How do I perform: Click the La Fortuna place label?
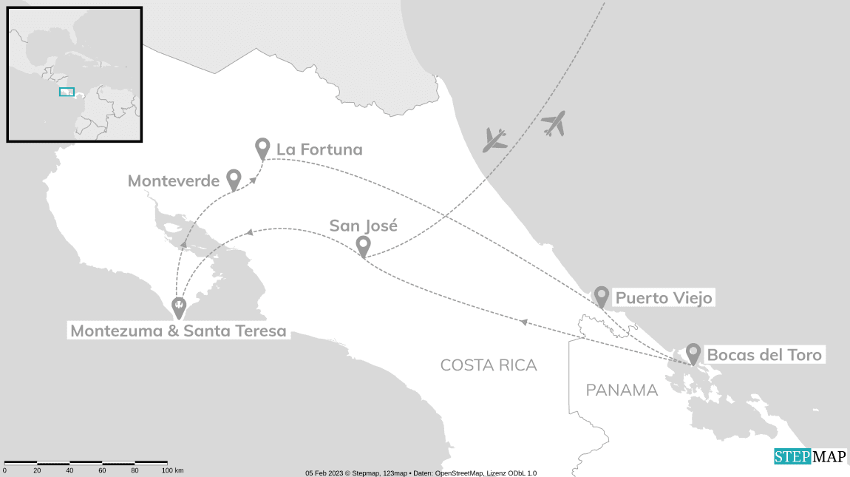point(319,149)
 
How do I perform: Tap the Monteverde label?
point(174,180)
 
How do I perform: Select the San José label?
point(363,226)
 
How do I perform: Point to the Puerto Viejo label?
point(664,298)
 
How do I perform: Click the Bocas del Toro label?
point(764,355)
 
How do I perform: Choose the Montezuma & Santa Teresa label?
point(178,331)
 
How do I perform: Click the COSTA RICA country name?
point(489,365)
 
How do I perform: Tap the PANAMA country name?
point(622,390)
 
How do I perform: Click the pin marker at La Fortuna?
point(262,148)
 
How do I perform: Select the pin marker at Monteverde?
point(234,179)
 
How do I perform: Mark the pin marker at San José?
point(363,246)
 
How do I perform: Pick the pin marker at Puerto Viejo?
point(602,297)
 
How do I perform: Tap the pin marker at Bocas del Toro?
point(693,353)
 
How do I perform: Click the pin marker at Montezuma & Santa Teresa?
point(178,306)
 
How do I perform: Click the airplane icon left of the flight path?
point(494,140)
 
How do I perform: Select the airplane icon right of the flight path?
point(554,123)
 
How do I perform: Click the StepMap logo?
point(810,456)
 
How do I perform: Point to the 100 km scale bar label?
point(172,470)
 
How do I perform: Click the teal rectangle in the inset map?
point(67,92)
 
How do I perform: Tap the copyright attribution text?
point(421,473)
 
